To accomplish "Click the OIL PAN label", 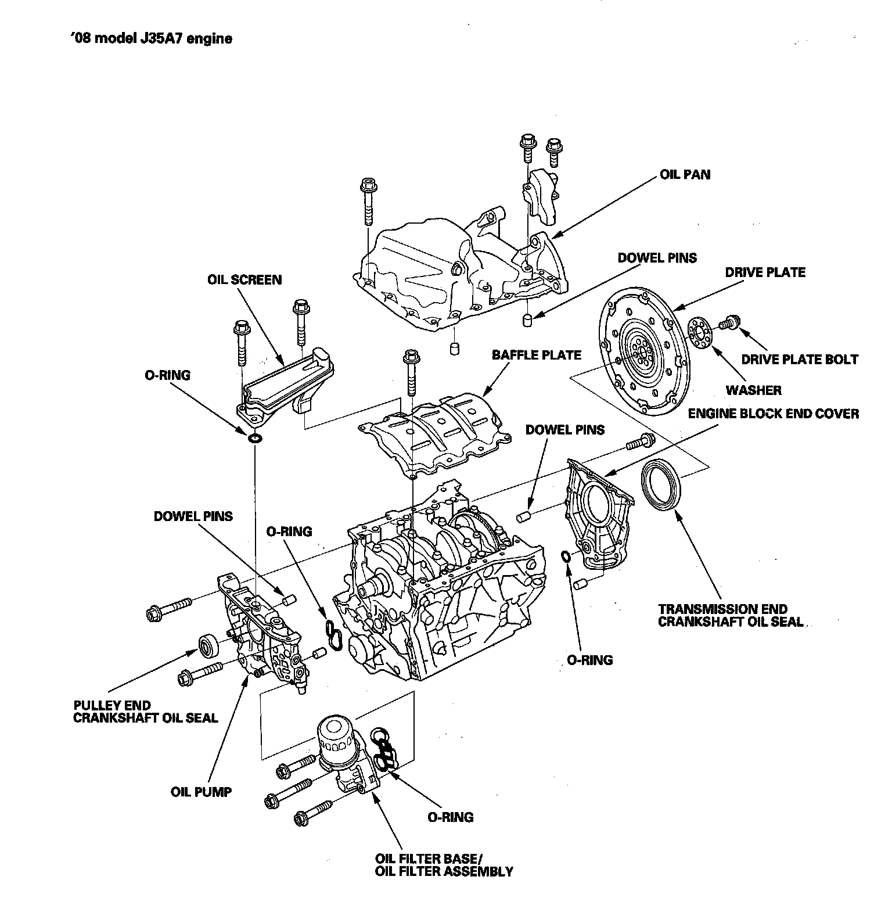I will (685, 174).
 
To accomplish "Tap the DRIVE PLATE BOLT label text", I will (799, 360).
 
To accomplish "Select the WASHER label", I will (753, 390).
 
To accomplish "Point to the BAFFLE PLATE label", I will (536, 354).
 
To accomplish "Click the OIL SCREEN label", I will (244, 280).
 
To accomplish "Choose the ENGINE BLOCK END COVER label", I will (773, 414).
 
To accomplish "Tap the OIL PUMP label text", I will (201, 792).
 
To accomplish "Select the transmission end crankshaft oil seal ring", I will (663, 483).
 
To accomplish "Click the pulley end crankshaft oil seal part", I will (207, 645).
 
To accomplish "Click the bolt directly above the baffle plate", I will (411, 372).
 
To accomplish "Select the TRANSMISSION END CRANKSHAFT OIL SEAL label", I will (731, 615).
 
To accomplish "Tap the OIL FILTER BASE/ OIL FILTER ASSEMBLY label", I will (444, 864).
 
